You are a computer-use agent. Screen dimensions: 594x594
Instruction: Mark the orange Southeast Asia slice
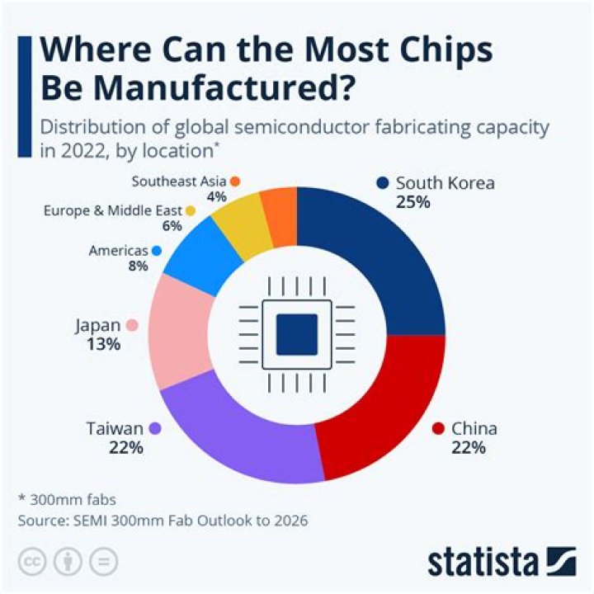(280, 216)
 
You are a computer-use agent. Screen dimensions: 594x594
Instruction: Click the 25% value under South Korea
(412, 201)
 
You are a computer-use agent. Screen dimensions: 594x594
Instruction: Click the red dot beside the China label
(438, 428)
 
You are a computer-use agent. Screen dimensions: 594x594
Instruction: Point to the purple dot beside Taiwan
(155, 428)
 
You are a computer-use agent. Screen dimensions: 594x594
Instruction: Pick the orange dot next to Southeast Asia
(235, 181)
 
